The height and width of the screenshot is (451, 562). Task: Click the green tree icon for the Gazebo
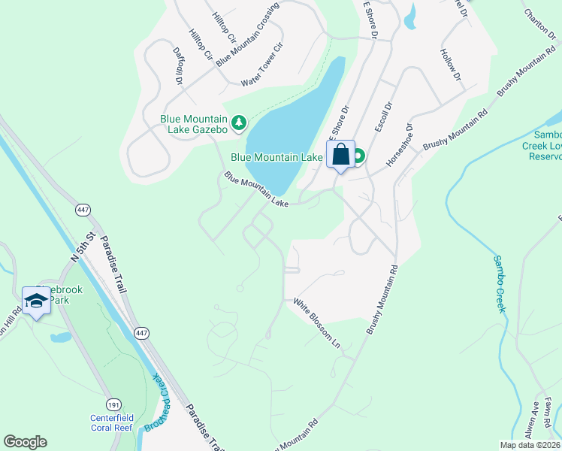(x=239, y=123)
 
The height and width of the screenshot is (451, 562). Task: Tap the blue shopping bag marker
(x=340, y=155)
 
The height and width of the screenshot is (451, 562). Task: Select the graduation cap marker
(x=36, y=301)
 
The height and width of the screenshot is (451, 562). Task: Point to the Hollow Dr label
(x=449, y=65)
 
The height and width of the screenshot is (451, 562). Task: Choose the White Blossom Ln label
(x=317, y=324)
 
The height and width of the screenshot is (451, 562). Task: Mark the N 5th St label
(x=83, y=246)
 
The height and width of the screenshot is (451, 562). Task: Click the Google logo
(x=25, y=442)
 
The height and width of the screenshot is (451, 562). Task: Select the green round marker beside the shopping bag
(x=358, y=156)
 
